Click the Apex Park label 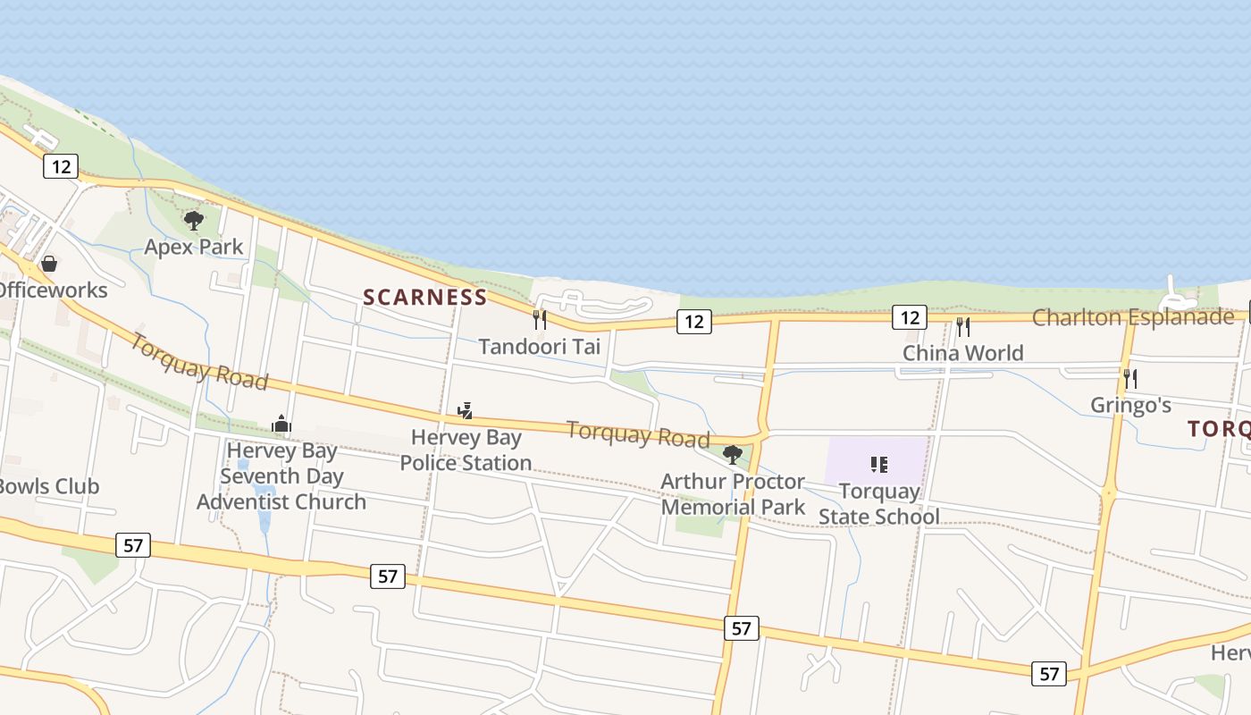[194, 247]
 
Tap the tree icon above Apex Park [194, 220]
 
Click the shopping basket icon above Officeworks [49, 264]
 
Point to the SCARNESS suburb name [425, 298]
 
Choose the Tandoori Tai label [540, 346]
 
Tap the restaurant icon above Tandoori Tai [540, 320]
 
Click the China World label [963, 353]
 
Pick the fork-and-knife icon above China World [963, 327]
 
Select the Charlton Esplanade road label [1133, 317]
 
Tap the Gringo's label [1130, 405]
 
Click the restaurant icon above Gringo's [1130, 379]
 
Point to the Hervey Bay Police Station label [466, 450]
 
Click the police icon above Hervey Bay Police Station [465, 411]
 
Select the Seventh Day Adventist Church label [281, 476]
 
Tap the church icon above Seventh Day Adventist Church [281, 424]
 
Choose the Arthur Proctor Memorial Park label [733, 494]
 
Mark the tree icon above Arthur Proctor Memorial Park [733, 455]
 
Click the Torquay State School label [879, 504]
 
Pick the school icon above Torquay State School [879, 465]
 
